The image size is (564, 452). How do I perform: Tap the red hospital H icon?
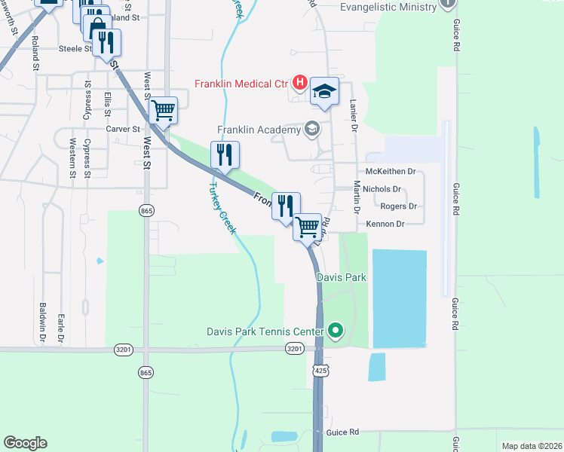[299, 82]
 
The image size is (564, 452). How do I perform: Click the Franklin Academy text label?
[259, 130]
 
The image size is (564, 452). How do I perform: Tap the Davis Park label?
[341, 277]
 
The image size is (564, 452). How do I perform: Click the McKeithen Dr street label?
[390, 172]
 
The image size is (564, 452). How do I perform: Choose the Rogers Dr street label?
[398, 206]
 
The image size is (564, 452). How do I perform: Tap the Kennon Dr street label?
[385, 224]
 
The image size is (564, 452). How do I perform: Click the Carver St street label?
[123, 129]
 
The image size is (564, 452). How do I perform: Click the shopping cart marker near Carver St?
[164, 111]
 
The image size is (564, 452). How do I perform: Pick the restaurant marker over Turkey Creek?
[225, 154]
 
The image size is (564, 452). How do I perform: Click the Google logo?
[25, 443]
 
